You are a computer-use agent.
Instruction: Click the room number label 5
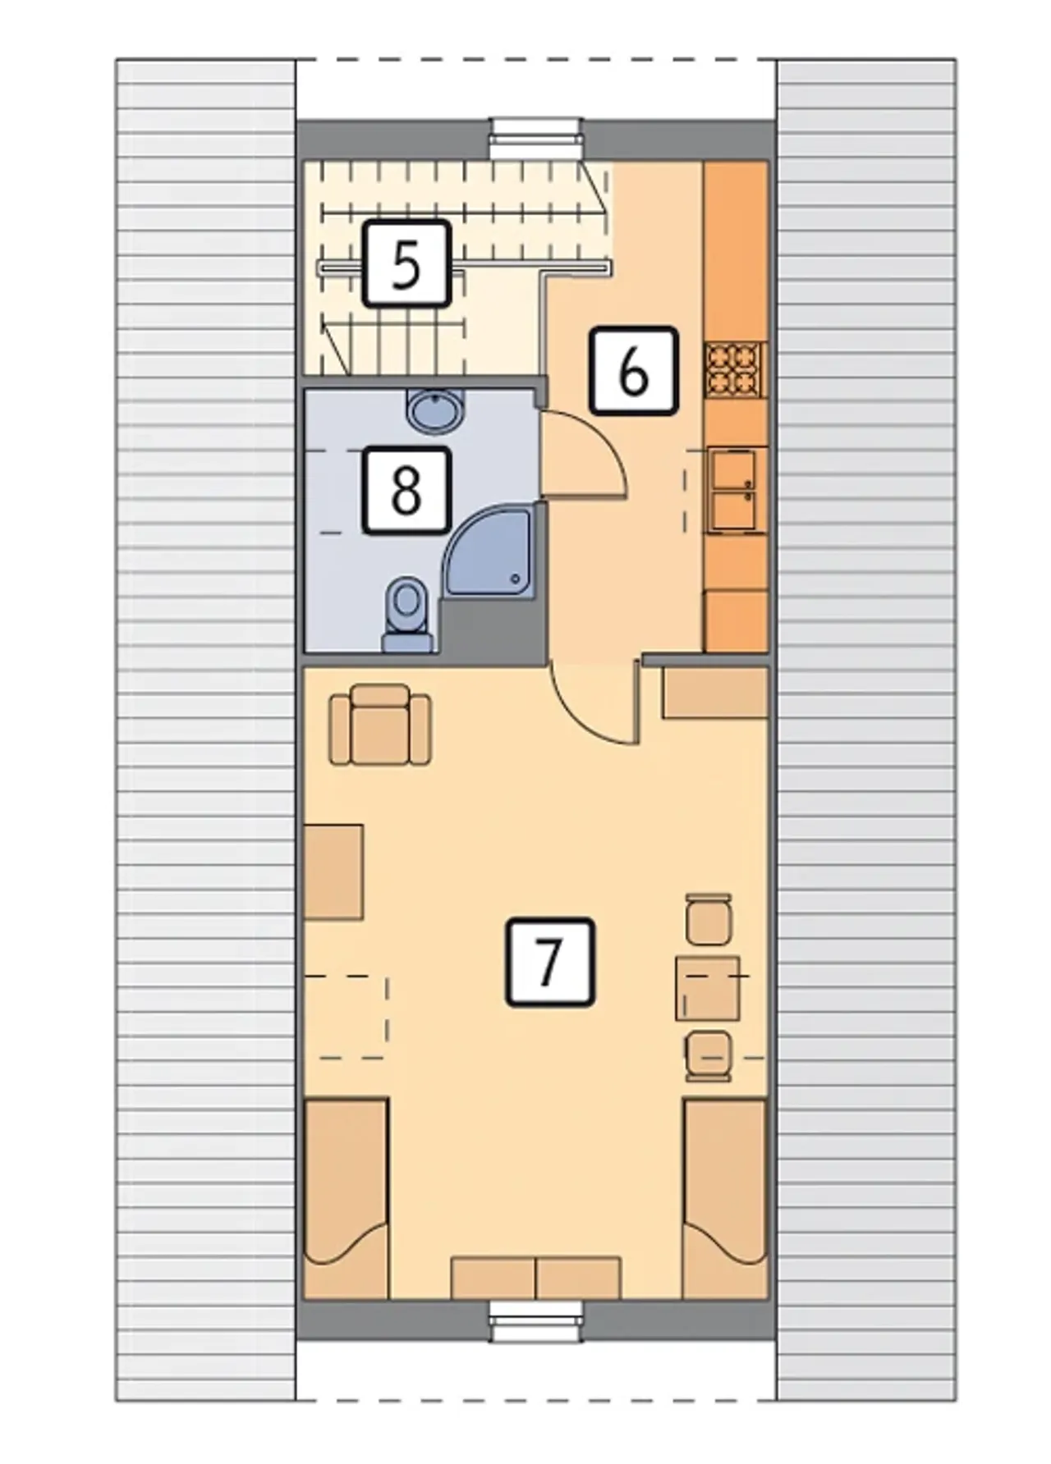pyautogui.click(x=406, y=263)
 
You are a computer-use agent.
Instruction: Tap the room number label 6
pyautogui.click(x=633, y=369)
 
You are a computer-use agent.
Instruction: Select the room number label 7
pyautogui.click(x=549, y=962)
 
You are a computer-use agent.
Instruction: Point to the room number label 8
pyautogui.click(x=406, y=490)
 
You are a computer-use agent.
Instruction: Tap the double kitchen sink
pyautogui.click(x=735, y=489)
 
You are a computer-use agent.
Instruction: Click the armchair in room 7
pyautogui.click(x=379, y=725)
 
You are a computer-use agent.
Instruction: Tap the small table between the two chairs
pyautogui.click(x=707, y=988)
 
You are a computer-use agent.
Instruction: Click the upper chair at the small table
pyautogui.click(x=709, y=919)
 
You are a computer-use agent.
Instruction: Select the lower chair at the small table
pyautogui.click(x=709, y=1057)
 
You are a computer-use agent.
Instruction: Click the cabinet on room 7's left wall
pyautogui.click(x=333, y=872)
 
